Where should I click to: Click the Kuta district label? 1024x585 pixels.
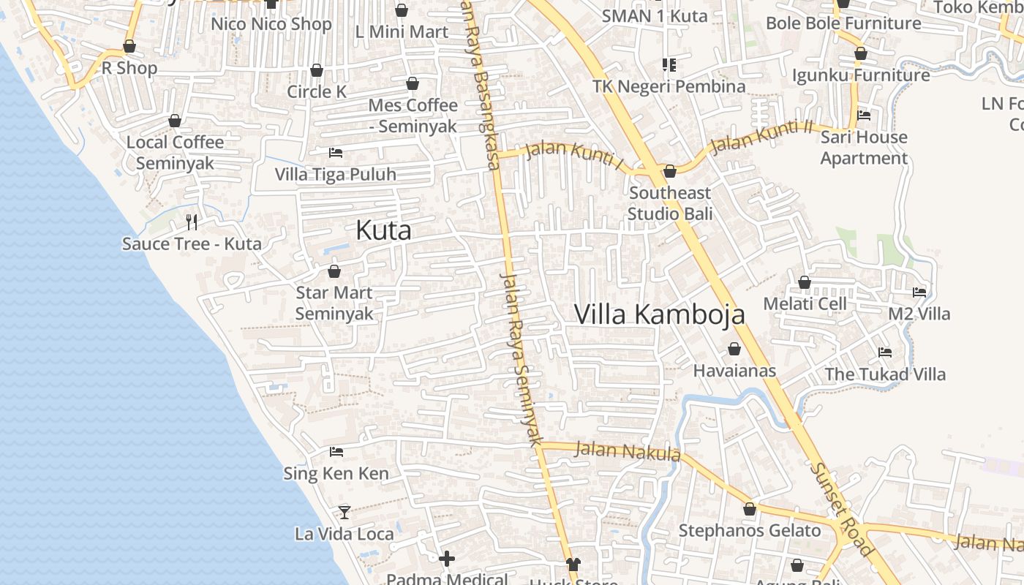point(383,231)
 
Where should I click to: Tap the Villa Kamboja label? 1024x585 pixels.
point(659,314)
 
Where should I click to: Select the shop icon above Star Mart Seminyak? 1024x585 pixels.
point(334,272)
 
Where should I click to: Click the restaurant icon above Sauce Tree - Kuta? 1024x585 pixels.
point(192,222)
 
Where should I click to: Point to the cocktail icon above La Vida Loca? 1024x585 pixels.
point(345,512)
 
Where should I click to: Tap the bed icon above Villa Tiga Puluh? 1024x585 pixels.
point(336,153)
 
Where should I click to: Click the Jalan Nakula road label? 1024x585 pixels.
point(628,451)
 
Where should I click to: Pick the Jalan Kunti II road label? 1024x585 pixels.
point(761,137)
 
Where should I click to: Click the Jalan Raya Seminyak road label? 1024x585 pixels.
point(520,358)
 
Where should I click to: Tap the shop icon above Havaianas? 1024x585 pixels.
point(734,350)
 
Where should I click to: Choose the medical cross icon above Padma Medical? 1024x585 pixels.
point(447,559)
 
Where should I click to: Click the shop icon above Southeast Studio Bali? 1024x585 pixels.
point(670,172)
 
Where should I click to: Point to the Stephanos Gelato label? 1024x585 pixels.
point(750,531)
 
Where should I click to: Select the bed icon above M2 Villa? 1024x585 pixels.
point(919,292)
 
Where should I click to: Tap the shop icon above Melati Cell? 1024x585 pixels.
point(805,282)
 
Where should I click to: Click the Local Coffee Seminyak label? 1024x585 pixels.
point(175,152)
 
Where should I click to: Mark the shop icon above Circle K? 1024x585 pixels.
point(317,71)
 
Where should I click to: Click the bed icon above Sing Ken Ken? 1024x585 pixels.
point(336,452)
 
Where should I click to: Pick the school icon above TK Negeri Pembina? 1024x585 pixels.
point(669,65)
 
